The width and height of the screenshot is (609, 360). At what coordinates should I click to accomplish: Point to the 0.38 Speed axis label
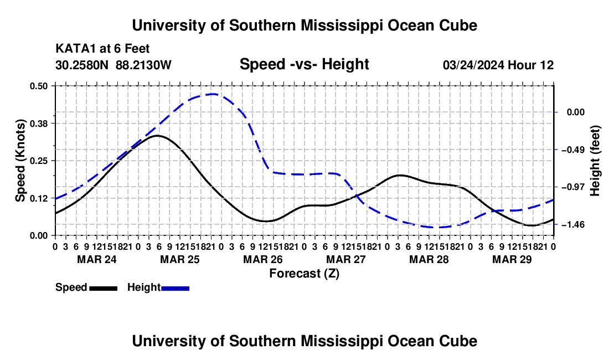[x=38, y=124]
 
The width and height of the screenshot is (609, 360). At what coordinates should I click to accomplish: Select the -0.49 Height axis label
[x=576, y=150]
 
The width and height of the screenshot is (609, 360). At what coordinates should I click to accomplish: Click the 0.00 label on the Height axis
[x=576, y=112]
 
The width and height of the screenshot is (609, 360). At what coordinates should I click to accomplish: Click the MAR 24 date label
[x=97, y=259]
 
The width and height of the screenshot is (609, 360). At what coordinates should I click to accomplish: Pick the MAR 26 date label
[x=263, y=259]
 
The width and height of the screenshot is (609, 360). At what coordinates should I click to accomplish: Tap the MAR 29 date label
[x=512, y=259]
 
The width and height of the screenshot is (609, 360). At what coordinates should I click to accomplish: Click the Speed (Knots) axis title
[x=20, y=161]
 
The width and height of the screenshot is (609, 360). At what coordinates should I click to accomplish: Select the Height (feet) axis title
[x=595, y=161]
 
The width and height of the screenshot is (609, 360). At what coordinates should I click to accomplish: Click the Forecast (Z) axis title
[x=304, y=274]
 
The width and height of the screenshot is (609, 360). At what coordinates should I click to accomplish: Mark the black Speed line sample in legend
[x=104, y=289]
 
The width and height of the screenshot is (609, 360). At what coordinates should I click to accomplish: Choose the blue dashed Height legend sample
[x=175, y=289]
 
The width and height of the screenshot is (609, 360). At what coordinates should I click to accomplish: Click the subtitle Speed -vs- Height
[x=304, y=64]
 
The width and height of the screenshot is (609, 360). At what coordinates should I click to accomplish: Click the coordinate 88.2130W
[x=143, y=65]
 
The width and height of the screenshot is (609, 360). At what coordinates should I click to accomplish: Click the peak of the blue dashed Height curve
[x=212, y=94]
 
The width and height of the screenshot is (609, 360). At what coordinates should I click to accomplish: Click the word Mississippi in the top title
[x=340, y=25]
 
